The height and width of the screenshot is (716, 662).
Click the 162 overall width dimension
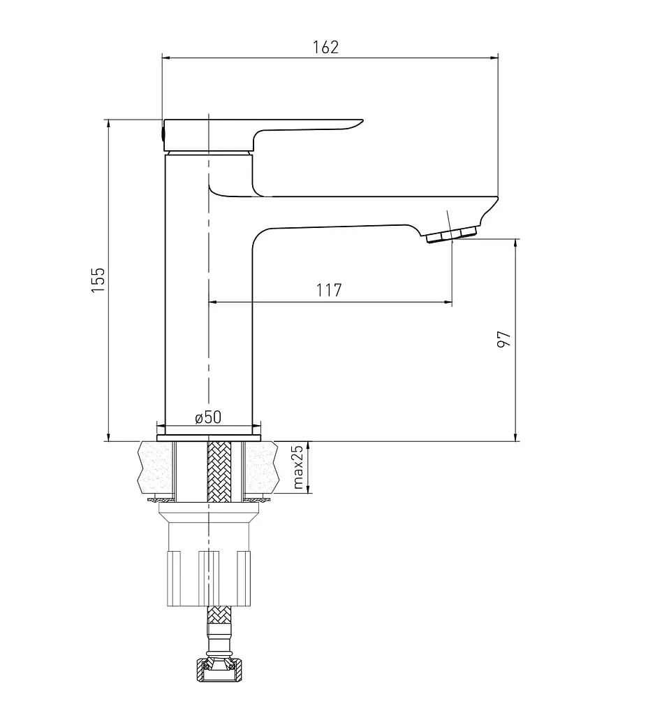tap(325, 47)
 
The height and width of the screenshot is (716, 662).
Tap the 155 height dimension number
tap(98, 280)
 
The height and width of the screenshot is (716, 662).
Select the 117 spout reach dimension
tap(329, 290)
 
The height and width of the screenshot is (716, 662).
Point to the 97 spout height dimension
tap(503, 339)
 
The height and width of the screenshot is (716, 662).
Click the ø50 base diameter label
tap(208, 417)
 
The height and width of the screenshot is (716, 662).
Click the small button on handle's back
tap(162, 133)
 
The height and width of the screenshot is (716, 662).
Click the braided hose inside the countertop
tap(219, 471)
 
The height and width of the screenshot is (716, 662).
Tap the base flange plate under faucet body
tap(208, 438)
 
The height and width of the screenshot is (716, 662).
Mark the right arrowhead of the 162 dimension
tap(494, 58)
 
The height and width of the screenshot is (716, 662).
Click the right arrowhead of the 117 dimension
tap(448, 302)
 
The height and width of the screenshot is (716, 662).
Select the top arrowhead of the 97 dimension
tap(515, 243)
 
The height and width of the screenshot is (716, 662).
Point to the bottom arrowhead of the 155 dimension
tap(108, 437)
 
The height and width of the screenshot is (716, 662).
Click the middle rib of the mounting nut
tap(209, 578)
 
